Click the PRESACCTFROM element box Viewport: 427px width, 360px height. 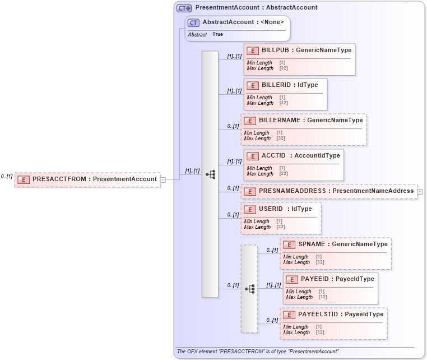pyautogui.click(x=87, y=179)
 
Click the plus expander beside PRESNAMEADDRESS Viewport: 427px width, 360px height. pyautogui.click(x=420, y=191)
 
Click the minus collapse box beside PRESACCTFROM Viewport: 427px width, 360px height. pyautogui.click(x=163, y=179)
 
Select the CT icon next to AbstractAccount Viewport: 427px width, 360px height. pyautogui.click(x=193, y=22)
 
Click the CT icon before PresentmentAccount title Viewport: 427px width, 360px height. pyautogui.click(x=184, y=8)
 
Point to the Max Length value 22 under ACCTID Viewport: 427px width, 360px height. pyautogui.click(x=283, y=174)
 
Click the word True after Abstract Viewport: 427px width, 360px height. pyautogui.click(x=217, y=35)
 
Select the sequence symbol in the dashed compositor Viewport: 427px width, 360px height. pyautogui.click(x=249, y=289)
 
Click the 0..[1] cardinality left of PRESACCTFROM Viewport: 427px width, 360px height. pyautogui.click(x=6, y=177)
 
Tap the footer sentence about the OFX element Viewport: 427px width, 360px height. pyautogui.click(x=257, y=352)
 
